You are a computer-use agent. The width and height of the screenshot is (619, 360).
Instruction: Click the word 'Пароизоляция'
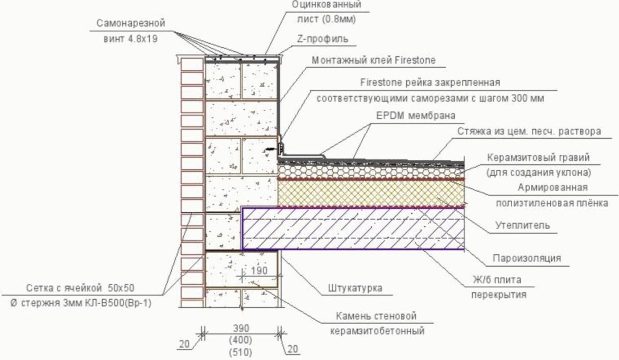(x=527, y=258)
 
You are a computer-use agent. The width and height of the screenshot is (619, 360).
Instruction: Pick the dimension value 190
(x=258, y=271)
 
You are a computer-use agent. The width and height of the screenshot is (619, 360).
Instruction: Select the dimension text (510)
(x=242, y=352)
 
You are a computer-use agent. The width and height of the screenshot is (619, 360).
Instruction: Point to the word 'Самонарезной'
(x=130, y=24)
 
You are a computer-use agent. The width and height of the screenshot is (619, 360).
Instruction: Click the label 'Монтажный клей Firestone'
(x=373, y=60)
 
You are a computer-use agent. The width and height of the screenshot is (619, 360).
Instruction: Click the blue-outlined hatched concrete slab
(x=353, y=228)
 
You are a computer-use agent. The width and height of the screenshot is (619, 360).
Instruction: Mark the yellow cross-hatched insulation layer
(x=370, y=194)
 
